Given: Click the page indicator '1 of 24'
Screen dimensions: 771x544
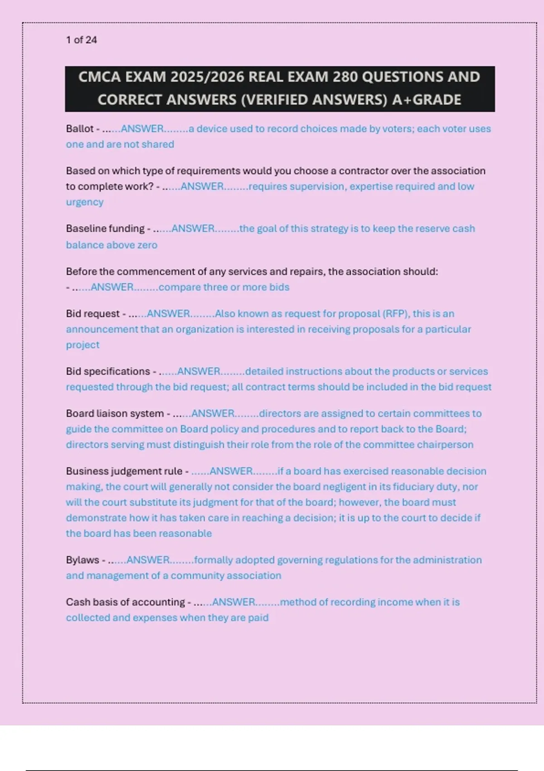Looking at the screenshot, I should coord(81,40).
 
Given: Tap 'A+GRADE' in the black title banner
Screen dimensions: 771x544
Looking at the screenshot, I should coord(427,100).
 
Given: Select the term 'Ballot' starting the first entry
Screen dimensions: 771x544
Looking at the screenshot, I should coord(80,129).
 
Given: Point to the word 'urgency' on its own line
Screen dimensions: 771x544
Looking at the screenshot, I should coord(85,202).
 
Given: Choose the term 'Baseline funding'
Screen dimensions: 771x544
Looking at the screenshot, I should coord(105,229).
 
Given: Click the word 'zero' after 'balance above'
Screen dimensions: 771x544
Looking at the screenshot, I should coord(147,245).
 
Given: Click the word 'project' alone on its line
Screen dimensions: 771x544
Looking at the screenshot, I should coord(83,345).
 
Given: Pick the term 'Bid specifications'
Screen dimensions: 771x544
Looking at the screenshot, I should coord(108,371).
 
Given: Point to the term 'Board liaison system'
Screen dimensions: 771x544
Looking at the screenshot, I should coord(115,414).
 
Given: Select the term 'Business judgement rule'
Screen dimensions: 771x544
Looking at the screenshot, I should coord(124,471).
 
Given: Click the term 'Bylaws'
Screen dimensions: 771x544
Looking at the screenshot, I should coord(83,560).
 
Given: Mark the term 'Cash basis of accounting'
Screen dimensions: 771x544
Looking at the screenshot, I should coord(126,602).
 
